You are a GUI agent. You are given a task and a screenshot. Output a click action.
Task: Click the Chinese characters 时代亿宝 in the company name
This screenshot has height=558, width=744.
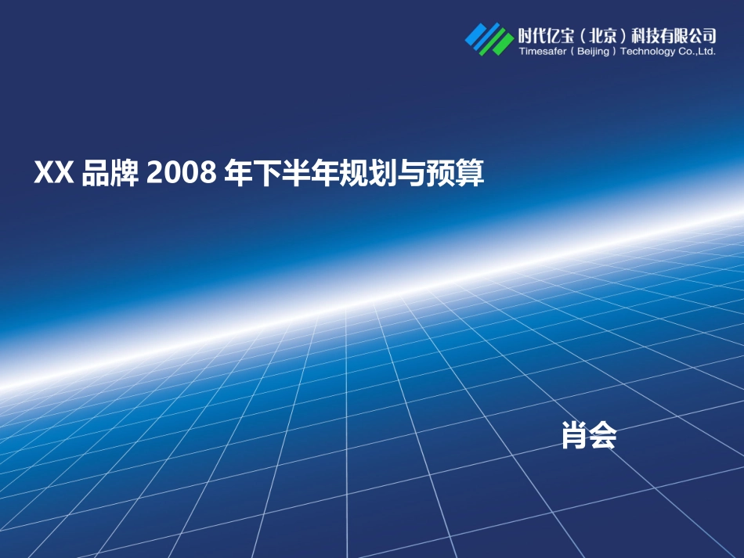pyautogui.click(x=545, y=35)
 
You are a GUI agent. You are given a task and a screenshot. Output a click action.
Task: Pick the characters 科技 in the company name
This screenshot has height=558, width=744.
pyautogui.click(x=645, y=35)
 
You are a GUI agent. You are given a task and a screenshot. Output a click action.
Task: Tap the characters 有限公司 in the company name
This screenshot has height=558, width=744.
pyautogui.click(x=688, y=35)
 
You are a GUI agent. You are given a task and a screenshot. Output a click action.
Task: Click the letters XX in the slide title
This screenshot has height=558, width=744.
pyautogui.click(x=54, y=174)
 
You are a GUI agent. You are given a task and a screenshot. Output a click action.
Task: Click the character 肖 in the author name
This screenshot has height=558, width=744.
pyautogui.click(x=575, y=436)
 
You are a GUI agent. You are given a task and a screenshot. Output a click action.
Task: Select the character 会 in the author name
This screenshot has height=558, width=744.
pyautogui.click(x=603, y=436)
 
